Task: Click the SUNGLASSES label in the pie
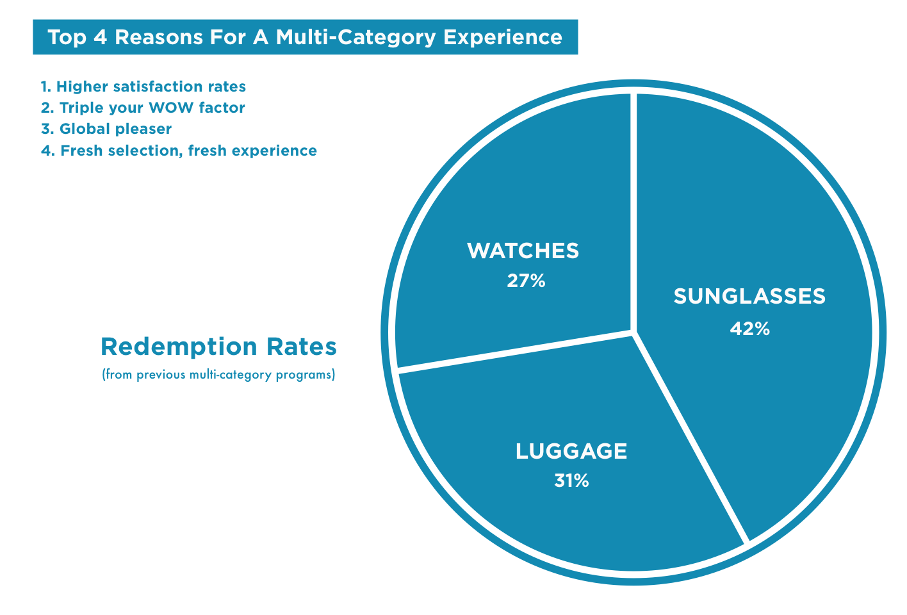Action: (749, 297)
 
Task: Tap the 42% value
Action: (749, 329)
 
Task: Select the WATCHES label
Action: (523, 250)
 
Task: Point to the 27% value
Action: (526, 281)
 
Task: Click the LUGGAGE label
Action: (571, 451)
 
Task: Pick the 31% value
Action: (571, 480)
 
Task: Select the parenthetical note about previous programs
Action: (218, 375)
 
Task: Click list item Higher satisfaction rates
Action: (143, 86)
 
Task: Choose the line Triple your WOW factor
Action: (143, 108)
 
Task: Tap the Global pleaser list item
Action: (106, 129)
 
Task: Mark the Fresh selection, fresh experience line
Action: (179, 151)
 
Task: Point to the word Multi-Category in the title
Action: (356, 37)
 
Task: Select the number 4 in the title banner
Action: (100, 37)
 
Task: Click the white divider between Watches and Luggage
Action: (512, 351)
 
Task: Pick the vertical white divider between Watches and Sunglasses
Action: (633, 205)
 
